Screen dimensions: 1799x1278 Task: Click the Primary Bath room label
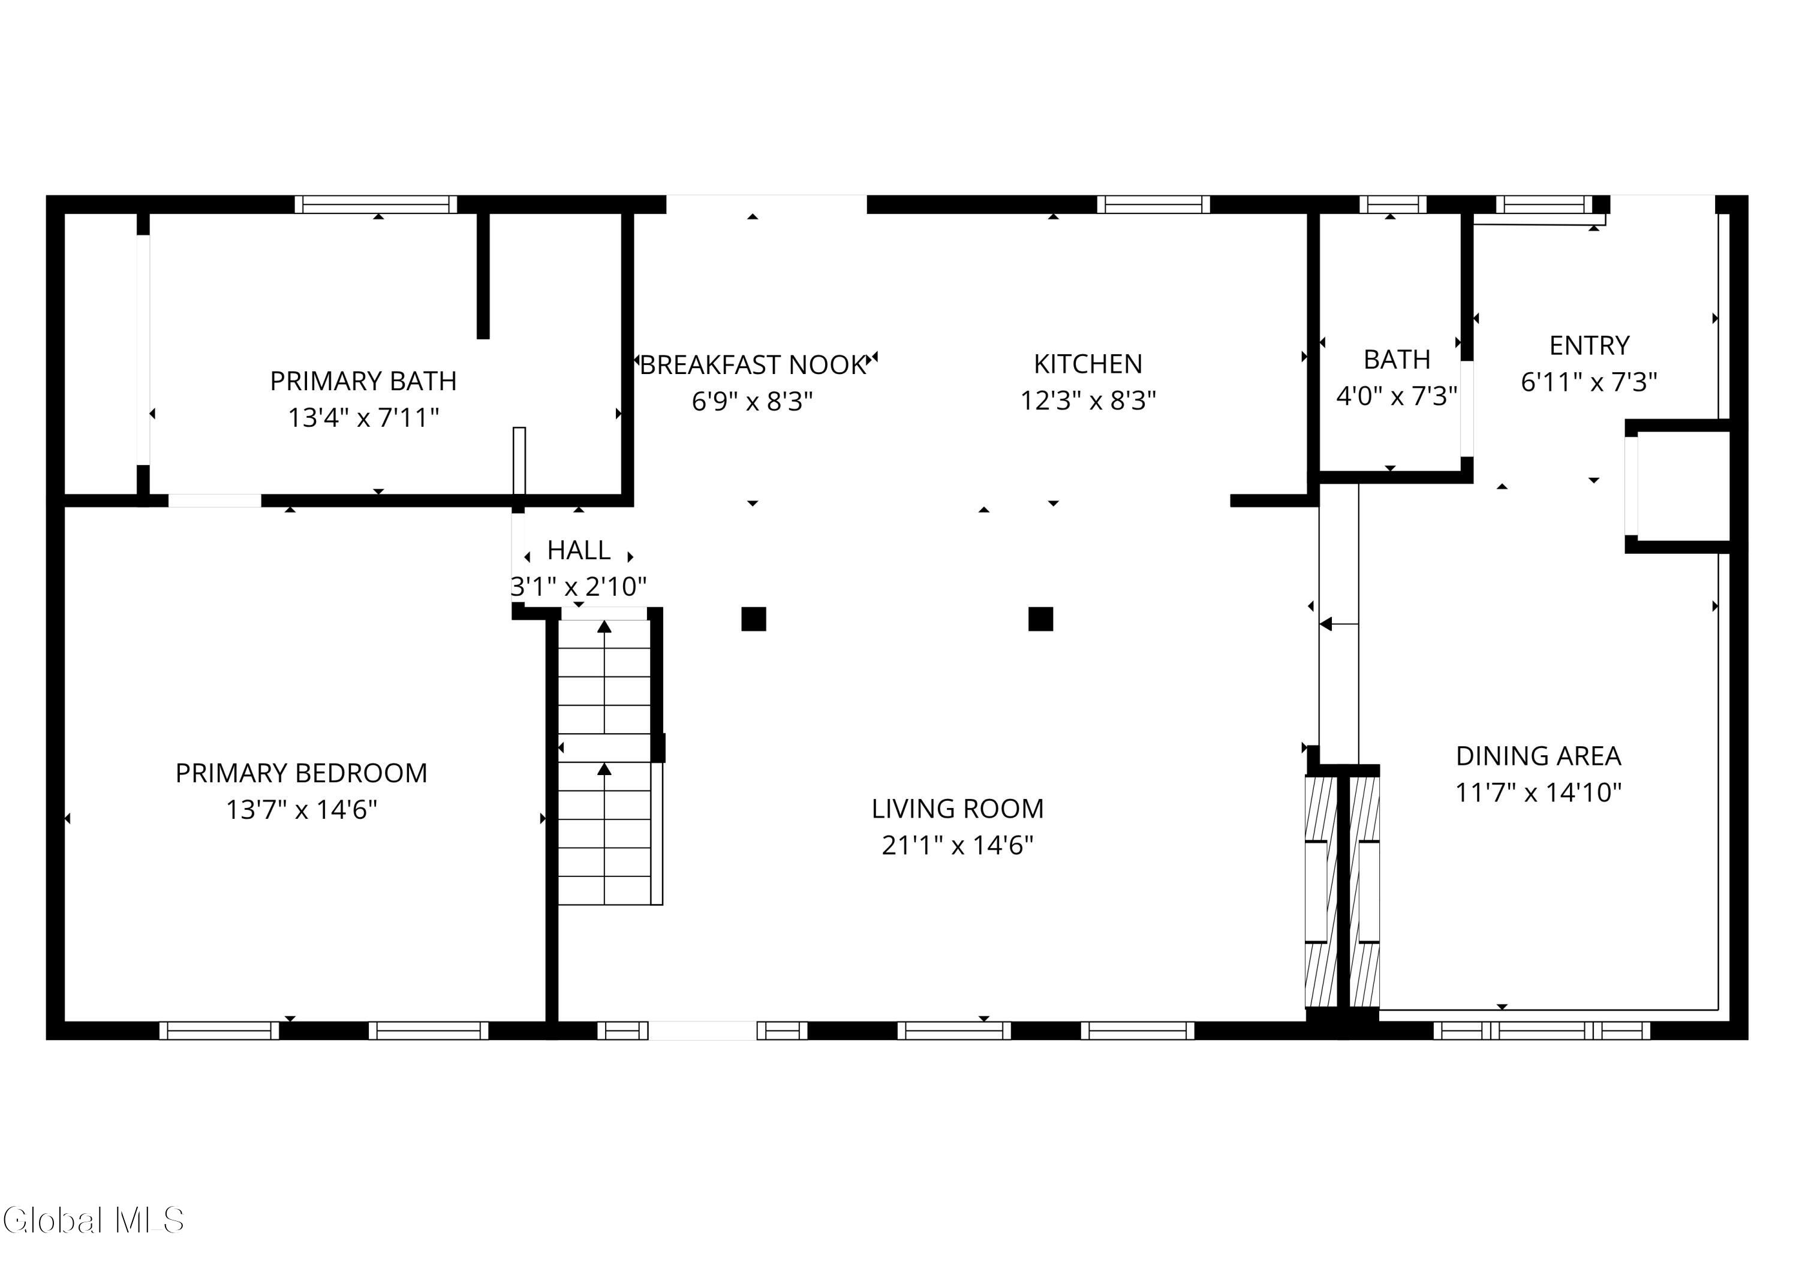pos(363,381)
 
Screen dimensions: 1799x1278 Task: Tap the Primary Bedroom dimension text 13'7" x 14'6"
pos(302,809)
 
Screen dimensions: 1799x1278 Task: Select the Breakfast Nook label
pos(753,365)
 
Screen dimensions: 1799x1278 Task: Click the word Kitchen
pos(1088,364)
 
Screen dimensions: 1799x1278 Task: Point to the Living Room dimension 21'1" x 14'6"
pos(957,845)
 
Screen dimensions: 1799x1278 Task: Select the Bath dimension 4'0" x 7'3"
pos(1397,395)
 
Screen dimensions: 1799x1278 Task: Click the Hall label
pos(579,550)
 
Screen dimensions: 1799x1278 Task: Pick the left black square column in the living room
pos(753,619)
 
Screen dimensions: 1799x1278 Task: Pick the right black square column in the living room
pos(1041,619)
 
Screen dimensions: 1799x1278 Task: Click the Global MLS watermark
pos(93,1220)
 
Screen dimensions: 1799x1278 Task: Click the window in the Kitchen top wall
pos(1153,204)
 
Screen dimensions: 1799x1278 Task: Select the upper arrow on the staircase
pos(604,677)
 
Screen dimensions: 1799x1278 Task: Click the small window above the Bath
pos(1393,204)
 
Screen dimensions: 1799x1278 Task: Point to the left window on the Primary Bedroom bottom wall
pos(219,1031)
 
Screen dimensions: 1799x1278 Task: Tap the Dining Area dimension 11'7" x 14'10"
pos(1538,792)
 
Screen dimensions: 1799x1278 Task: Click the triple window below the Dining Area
pos(1542,1031)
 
